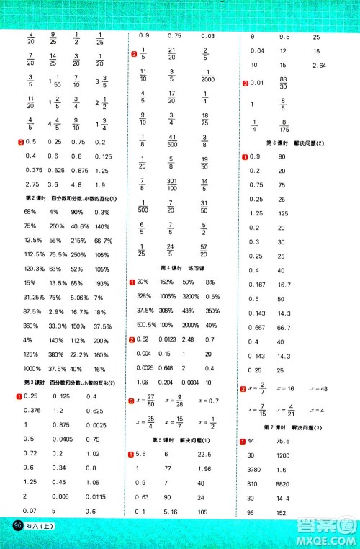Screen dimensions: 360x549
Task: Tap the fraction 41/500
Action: (x=172, y=142)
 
